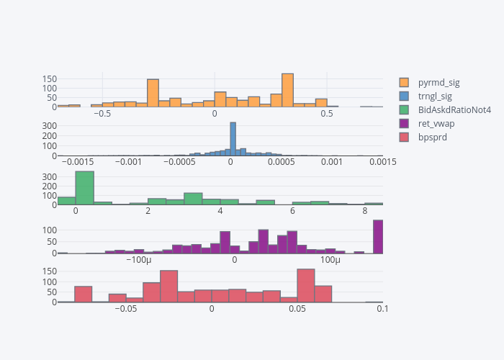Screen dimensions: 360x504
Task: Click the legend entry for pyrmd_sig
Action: (x=438, y=82)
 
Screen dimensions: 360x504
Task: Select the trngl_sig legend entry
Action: (x=435, y=96)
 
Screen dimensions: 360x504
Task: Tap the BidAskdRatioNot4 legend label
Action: (x=454, y=109)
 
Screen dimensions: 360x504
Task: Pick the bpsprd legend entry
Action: (x=433, y=137)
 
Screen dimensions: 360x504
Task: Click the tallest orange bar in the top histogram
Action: (x=287, y=90)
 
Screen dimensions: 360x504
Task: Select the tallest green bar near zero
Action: (x=85, y=188)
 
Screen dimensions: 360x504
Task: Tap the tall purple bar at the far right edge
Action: (x=378, y=237)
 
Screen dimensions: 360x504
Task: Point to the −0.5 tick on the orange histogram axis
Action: (x=102, y=113)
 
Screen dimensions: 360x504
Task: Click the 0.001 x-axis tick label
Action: (x=331, y=162)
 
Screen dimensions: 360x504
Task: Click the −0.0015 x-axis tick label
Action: (x=77, y=162)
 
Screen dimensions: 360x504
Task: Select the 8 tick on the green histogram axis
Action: (x=365, y=211)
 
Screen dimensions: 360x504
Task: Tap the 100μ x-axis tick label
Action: (x=330, y=260)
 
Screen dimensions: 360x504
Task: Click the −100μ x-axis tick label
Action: (x=138, y=260)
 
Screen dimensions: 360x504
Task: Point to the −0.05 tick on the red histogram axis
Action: (x=127, y=309)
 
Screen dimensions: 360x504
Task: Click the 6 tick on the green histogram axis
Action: (x=292, y=211)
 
